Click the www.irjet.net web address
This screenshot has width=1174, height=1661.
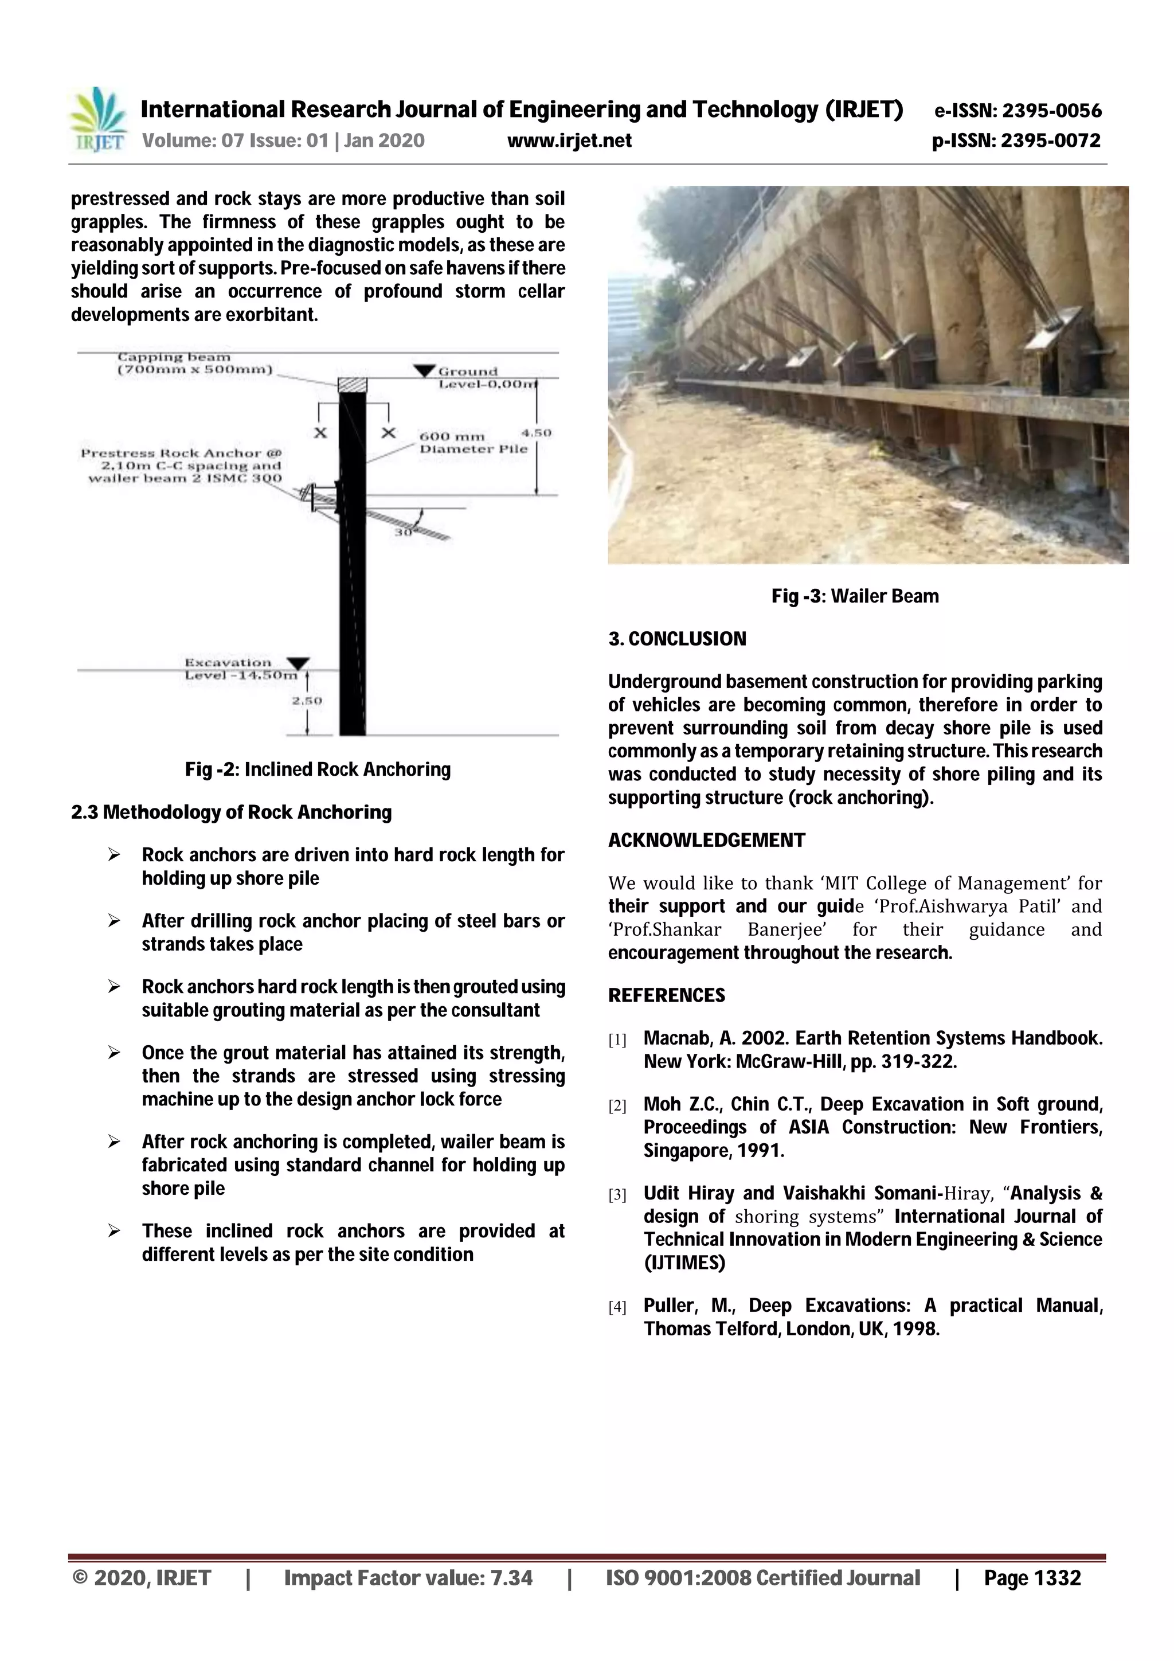tap(569, 140)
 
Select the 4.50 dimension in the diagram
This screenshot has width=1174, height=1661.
tap(536, 433)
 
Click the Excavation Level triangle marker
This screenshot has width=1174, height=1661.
tap(298, 663)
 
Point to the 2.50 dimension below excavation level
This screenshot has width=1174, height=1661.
tap(306, 700)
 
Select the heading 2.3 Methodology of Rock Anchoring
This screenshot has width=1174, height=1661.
tap(232, 812)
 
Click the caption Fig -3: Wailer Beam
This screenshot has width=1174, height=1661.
tap(855, 596)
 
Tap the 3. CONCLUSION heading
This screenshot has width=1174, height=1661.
tap(677, 639)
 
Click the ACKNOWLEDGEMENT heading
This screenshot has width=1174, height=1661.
tap(706, 840)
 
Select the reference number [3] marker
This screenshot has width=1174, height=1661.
tap(617, 1195)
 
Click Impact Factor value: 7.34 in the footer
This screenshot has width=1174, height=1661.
tap(408, 1578)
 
